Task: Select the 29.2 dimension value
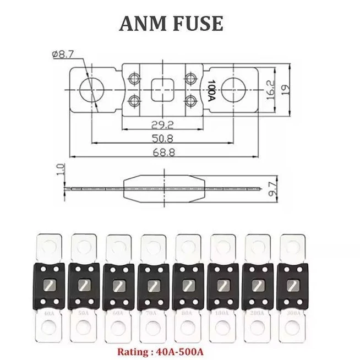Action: (162, 124)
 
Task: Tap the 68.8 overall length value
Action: (162, 153)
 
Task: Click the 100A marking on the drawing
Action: (211, 89)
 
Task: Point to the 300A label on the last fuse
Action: (292, 313)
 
